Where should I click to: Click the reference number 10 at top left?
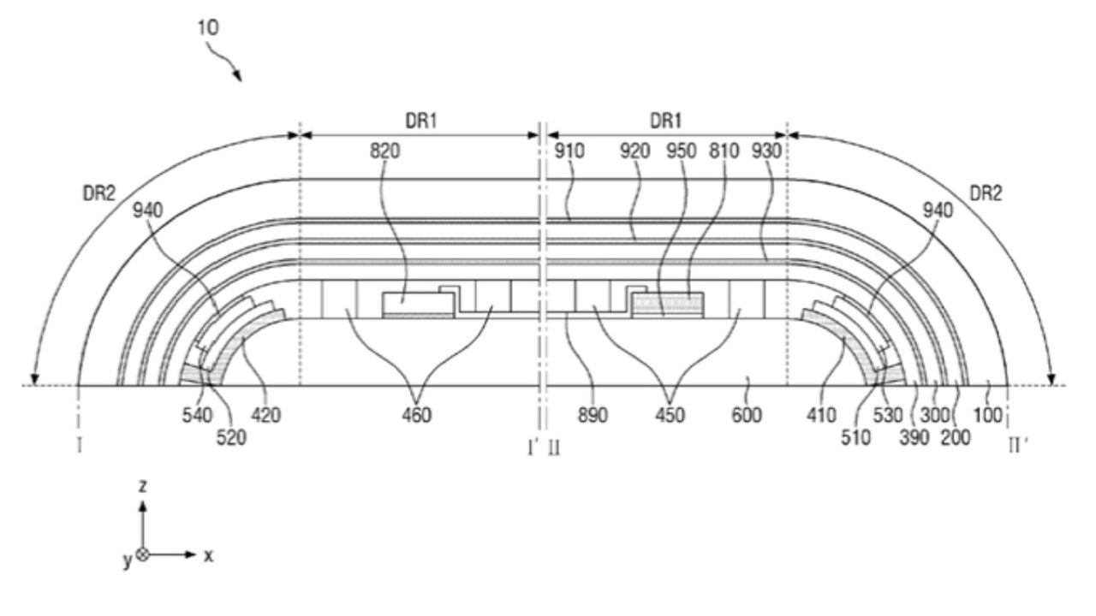pos(208,27)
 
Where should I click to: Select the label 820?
pos(384,151)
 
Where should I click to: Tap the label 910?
pos(569,151)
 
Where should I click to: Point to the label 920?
pos(634,151)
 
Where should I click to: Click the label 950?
pos(681,151)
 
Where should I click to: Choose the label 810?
pos(724,151)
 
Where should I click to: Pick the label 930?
pos(766,151)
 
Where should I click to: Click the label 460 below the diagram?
pos(417,416)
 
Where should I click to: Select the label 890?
pos(593,416)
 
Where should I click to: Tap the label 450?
pos(670,416)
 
